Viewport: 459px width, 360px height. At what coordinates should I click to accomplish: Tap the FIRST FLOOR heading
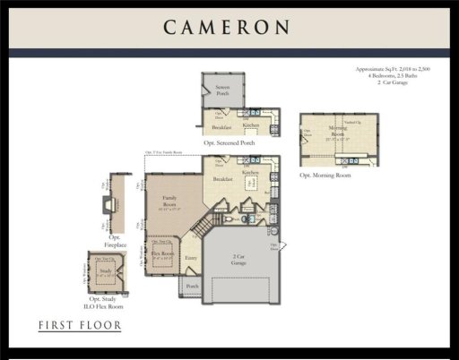pos(79,324)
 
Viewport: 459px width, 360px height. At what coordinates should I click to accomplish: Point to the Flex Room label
pos(162,253)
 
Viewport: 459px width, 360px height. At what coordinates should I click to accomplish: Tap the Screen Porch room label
pos(221,90)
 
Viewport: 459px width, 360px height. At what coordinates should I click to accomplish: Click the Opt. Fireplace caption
pos(116,241)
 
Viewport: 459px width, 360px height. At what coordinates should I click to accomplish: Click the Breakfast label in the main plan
pos(223,179)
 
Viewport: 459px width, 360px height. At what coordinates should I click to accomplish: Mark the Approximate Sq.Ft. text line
pos(398,68)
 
